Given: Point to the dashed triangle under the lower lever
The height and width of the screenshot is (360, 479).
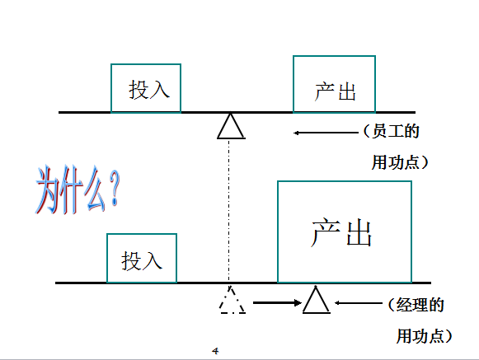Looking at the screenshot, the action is (x=225, y=301).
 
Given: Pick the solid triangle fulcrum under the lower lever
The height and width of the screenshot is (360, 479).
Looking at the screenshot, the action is (x=309, y=301).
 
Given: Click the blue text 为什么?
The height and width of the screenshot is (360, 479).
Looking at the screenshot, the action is (x=77, y=190).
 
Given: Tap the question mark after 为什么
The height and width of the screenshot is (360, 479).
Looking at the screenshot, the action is (x=115, y=189).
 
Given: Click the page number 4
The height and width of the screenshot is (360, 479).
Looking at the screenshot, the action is (x=215, y=351).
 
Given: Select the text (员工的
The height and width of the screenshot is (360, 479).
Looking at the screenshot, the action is (x=392, y=131).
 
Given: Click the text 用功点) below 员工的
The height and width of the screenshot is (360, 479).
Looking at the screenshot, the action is (x=400, y=162).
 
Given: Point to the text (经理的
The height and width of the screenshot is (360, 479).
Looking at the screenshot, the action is (x=416, y=305).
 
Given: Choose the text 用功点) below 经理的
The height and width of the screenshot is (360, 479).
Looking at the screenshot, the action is (x=425, y=336).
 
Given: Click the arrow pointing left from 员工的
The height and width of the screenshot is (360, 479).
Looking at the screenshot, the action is (x=326, y=133).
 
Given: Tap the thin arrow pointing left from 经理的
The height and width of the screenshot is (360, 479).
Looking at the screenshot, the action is (x=359, y=303).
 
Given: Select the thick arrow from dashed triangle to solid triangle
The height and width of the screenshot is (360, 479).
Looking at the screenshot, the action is (x=277, y=303).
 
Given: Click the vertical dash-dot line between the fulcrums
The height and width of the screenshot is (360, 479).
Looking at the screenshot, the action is (x=229, y=211).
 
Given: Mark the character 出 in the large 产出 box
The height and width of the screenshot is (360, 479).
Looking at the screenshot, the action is (x=359, y=232).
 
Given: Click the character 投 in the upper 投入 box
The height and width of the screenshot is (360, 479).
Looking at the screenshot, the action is (x=138, y=90).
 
